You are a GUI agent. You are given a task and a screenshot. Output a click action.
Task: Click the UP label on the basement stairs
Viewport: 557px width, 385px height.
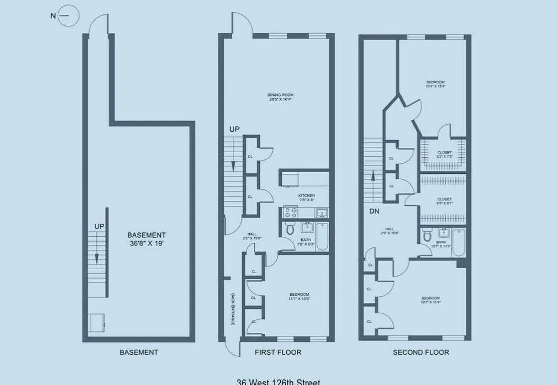pyautogui.click(x=99, y=226)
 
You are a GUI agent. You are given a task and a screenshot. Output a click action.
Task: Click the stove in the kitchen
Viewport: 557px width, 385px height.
pyautogui.click(x=290, y=212)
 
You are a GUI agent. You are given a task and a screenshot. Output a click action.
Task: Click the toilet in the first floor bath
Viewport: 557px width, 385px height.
pyautogui.click(x=290, y=230)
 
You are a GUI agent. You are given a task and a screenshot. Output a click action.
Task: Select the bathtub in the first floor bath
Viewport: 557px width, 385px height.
pyautogui.click(x=322, y=237)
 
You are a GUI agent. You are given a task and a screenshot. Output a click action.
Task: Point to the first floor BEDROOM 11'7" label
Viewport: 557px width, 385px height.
pyautogui.click(x=299, y=297)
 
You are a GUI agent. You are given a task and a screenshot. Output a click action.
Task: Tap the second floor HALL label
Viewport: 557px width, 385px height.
pyautogui.click(x=383, y=230)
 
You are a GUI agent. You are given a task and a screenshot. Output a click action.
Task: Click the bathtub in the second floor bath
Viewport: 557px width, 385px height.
pyautogui.click(x=458, y=243)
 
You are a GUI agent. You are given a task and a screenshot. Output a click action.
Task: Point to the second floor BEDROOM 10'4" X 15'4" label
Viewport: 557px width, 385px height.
pyautogui.click(x=435, y=84)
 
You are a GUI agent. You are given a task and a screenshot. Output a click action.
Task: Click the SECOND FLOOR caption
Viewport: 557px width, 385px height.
pyautogui.click(x=421, y=352)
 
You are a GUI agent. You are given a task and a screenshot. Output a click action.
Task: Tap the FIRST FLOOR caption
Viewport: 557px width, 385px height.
pyautogui.click(x=278, y=352)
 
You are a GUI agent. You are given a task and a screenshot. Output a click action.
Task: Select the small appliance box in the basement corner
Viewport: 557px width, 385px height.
pyautogui.click(x=96, y=322)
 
